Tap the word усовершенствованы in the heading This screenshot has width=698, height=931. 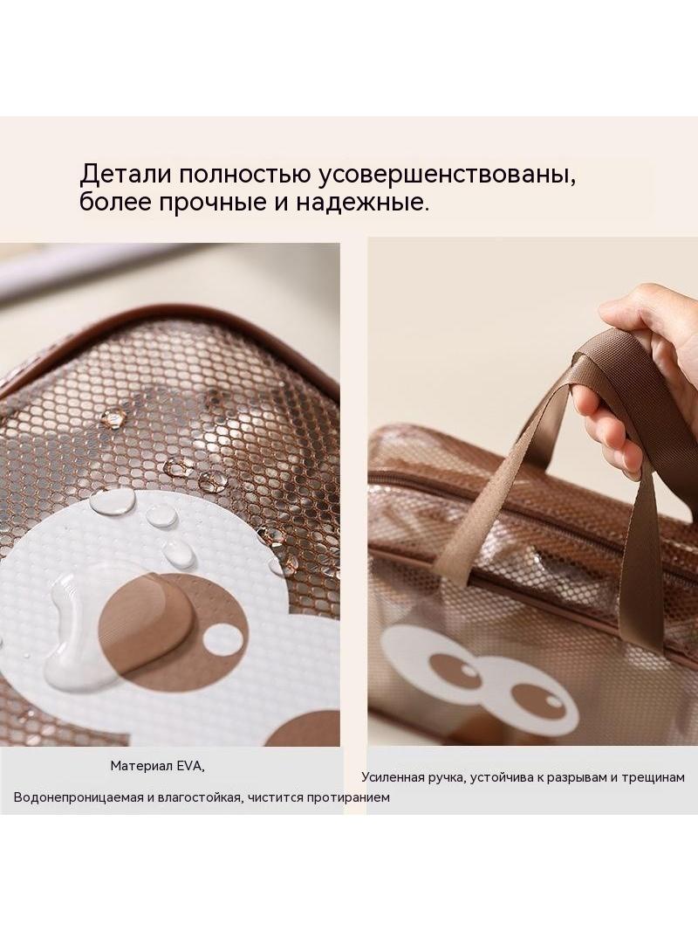445,176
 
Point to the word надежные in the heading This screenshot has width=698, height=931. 361,203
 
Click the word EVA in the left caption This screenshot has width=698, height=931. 191,766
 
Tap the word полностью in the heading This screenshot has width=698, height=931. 242,176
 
